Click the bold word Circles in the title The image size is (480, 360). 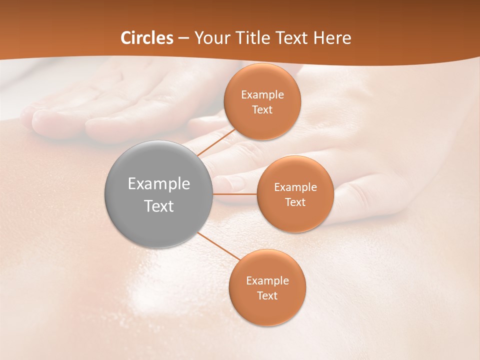[x=147, y=38]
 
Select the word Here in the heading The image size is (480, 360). [x=332, y=38]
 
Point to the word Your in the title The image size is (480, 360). [x=211, y=38]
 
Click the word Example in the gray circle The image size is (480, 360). [x=159, y=184]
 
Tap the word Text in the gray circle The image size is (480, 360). [x=159, y=206]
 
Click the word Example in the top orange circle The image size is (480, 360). [x=262, y=95]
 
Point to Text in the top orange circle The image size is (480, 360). [x=262, y=109]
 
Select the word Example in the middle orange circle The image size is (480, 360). [x=295, y=187]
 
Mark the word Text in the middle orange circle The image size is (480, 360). [x=295, y=202]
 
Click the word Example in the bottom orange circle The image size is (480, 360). [x=267, y=281]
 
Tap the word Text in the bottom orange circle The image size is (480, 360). [x=267, y=295]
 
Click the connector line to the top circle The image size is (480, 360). [x=216, y=142]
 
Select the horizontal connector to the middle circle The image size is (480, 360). [x=235, y=194]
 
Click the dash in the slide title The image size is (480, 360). [x=183, y=38]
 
